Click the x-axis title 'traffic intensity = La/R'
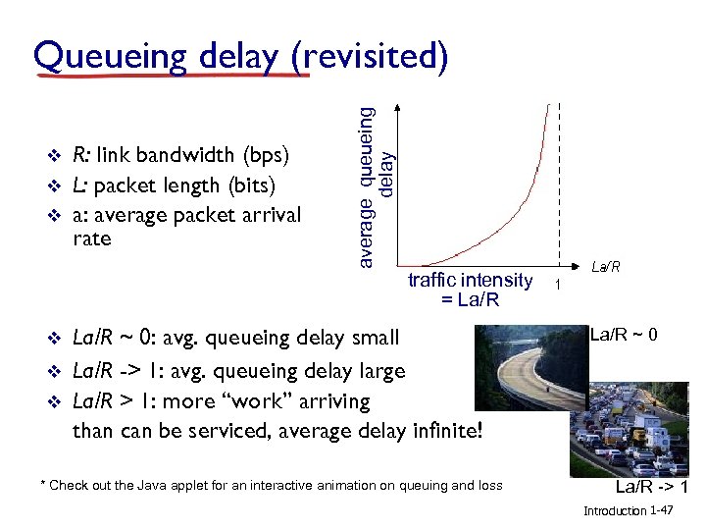coord(470,290)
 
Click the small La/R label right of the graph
coord(605,267)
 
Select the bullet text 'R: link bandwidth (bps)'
coord(180,155)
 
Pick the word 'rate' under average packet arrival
coord(92,238)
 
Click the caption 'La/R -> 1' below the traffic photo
coord(648,488)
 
